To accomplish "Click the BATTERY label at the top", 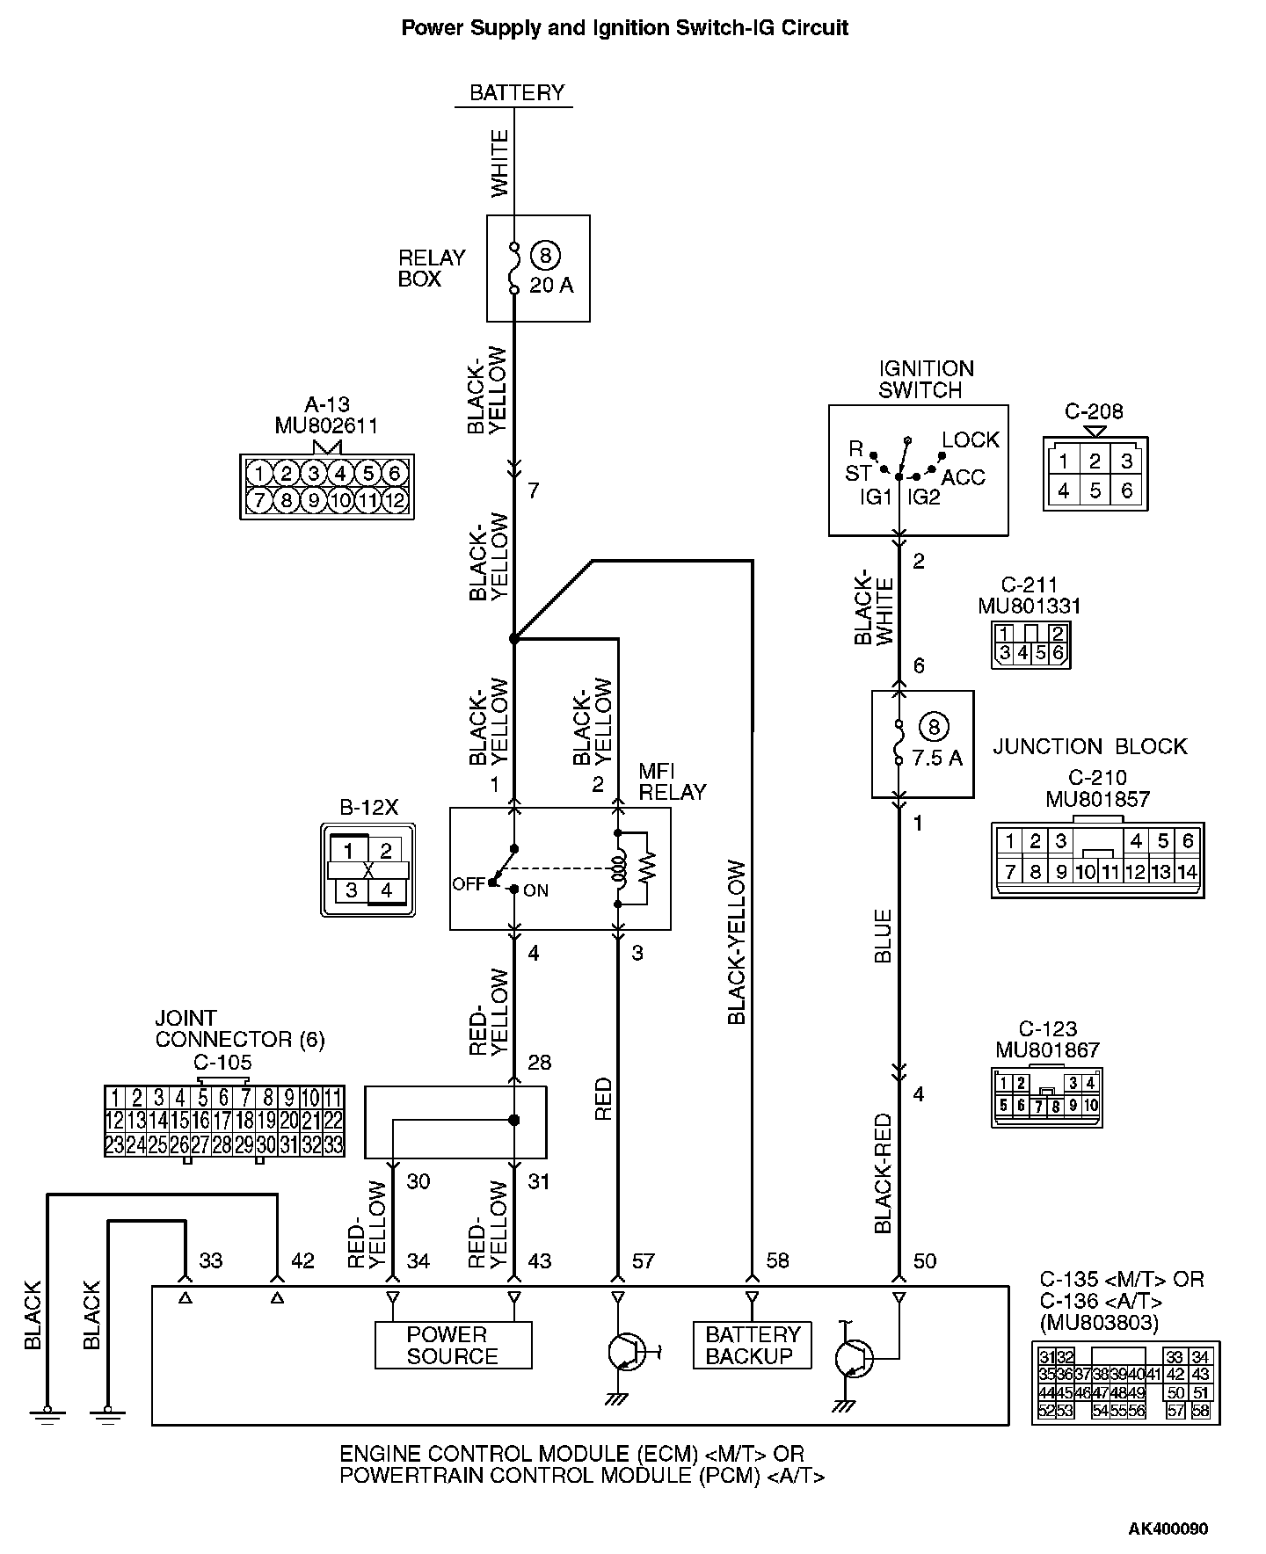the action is [x=517, y=92].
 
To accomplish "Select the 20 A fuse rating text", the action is [x=551, y=286].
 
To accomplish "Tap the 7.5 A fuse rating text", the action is [x=937, y=758].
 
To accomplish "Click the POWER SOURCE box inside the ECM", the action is [x=453, y=1346].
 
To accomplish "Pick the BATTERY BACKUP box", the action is [x=753, y=1346].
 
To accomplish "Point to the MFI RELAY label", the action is [x=673, y=781].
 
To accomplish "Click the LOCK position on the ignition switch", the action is [x=971, y=439].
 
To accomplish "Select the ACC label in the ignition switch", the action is [x=964, y=477].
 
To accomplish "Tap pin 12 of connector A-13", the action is [x=395, y=501].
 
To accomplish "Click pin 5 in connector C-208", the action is [x=1095, y=490].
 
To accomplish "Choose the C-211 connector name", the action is [x=1030, y=585].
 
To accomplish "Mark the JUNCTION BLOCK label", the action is [x=1090, y=746].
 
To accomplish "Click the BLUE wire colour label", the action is [x=884, y=935].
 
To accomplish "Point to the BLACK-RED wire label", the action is [x=884, y=1173].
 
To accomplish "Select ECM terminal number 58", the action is [x=777, y=1260].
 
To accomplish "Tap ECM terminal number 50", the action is [x=924, y=1260].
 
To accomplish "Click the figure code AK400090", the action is [x=1168, y=1529].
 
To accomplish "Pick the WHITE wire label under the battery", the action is [x=499, y=163].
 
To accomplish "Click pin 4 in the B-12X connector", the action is [x=386, y=890].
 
